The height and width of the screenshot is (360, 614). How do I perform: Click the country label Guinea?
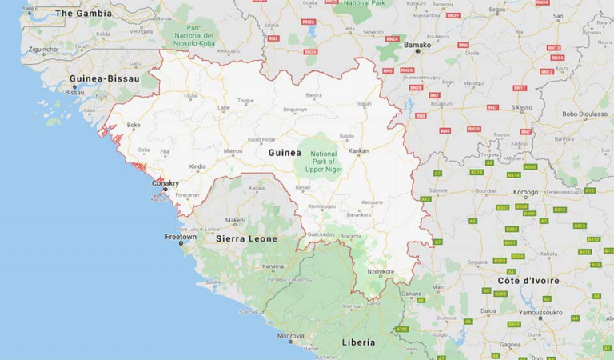(x=285, y=153)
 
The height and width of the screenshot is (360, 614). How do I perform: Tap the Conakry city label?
(x=165, y=182)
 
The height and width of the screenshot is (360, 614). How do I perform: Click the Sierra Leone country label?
(x=246, y=238)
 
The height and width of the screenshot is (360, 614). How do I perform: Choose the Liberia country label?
(x=357, y=342)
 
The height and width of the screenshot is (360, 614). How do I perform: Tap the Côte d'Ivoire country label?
(x=528, y=281)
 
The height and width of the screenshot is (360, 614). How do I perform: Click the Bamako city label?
(x=417, y=46)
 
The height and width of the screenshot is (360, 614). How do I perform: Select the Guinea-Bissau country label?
(x=105, y=78)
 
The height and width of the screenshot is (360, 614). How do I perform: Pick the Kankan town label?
(x=359, y=150)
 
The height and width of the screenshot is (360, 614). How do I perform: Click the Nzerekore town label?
(x=381, y=273)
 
